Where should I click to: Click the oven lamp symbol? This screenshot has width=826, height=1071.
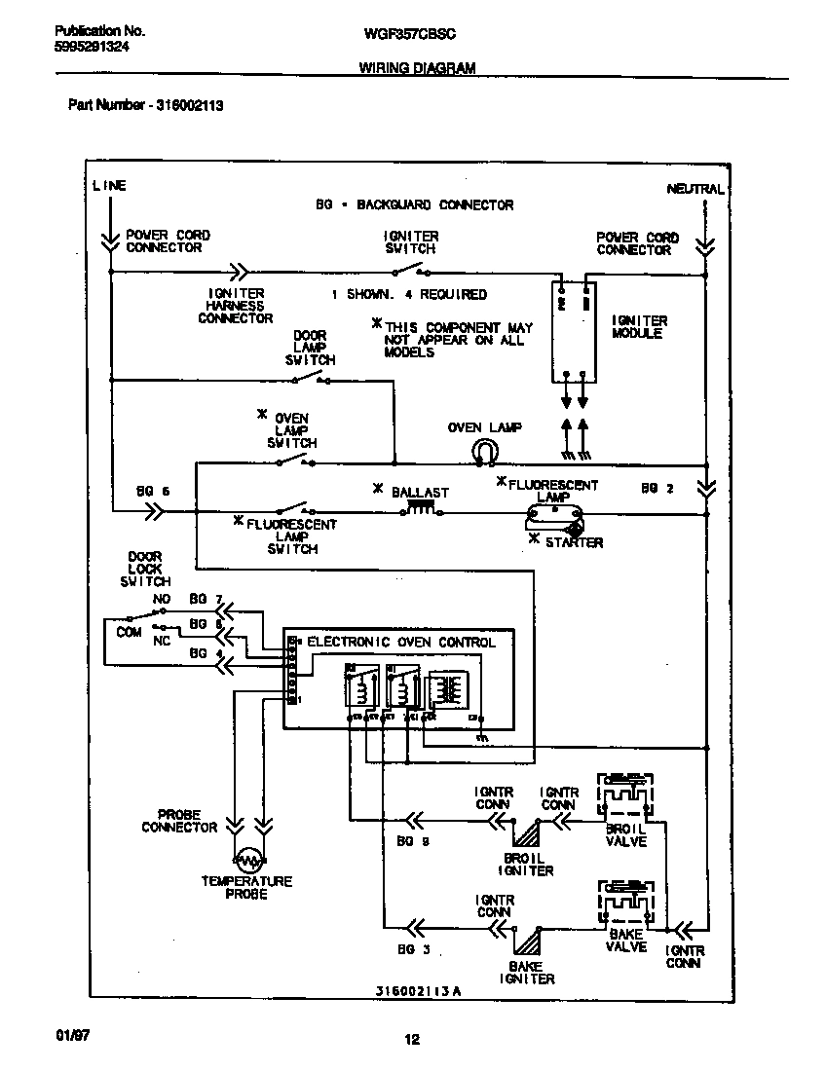(484, 450)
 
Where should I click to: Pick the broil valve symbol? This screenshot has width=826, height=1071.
(625, 798)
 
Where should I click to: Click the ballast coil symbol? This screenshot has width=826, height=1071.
(420, 508)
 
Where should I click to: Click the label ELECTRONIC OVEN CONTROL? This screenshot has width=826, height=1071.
(401, 643)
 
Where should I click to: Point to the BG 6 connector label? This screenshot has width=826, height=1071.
(153, 492)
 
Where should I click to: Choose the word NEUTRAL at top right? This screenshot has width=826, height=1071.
(695, 189)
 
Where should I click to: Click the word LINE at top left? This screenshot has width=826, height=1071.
(109, 185)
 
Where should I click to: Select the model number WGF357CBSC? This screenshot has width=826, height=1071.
(409, 33)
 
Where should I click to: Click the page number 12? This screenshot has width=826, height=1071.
(412, 1040)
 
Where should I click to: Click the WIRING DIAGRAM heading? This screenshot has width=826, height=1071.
(418, 68)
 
